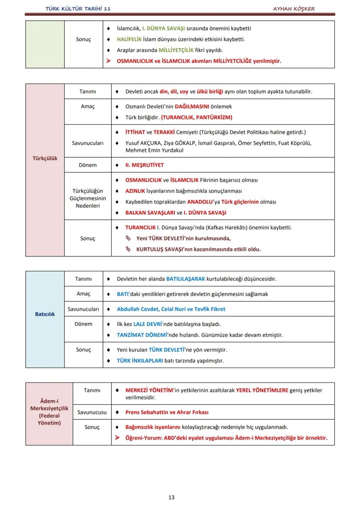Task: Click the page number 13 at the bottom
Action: [x=171, y=497]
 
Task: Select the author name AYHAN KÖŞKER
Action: [x=293, y=9]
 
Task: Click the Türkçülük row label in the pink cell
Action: [x=45, y=158]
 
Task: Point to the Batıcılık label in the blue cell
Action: [x=45, y=314]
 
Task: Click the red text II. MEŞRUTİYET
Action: [x=144, y=165]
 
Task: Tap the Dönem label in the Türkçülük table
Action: [x=88, y=165]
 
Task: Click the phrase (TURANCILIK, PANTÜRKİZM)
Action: [x=197, y=117]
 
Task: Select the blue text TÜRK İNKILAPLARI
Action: [x=140, y=361]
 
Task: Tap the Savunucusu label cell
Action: [x=92, y=412]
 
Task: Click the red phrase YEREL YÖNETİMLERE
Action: [x=262, y=390]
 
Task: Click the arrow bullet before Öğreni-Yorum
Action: [x=117, y=438]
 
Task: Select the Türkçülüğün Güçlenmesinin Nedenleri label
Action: [x=88, y=198]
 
